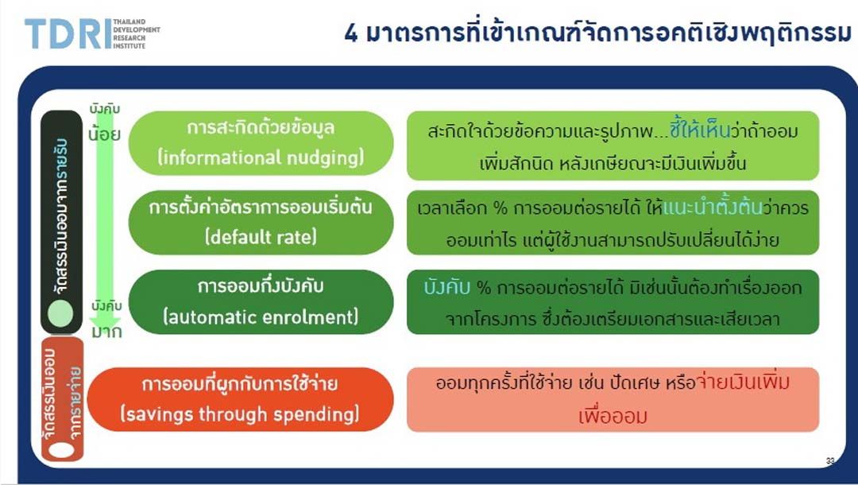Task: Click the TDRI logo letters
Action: coord(68,33)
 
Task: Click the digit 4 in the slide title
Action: coord(351,33)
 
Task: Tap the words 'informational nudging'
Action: coord(261,157)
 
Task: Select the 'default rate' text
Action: coord(261,237)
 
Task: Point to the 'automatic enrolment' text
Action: coord(261,317)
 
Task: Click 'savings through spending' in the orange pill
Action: coord(240,413)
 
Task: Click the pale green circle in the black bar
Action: coord(60,314)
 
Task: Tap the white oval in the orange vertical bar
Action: coord(61,449)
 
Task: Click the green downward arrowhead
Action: coord(105,321)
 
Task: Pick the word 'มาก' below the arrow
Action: coord(106,332)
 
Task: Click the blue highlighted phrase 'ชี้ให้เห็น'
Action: coord(700,130)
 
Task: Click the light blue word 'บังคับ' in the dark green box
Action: coord(447,287)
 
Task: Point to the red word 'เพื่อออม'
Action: coord(613,416)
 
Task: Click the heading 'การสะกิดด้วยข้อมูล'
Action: coord(261,127)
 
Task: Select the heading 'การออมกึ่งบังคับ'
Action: coord(261,285)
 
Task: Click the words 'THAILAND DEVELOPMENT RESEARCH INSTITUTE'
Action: coord(137,33)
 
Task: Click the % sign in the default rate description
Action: coord(500,208)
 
